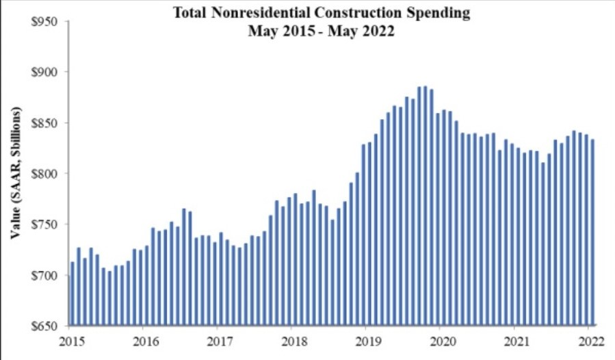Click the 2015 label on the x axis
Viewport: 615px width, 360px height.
70,339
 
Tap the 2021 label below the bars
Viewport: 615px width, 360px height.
516,339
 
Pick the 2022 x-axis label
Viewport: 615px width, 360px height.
590,339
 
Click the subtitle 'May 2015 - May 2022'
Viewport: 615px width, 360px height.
322,31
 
